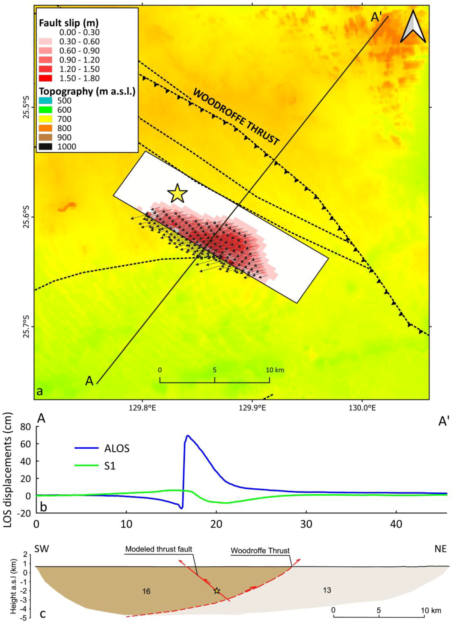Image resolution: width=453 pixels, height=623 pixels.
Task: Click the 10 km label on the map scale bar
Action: pyautogui.click(x=275, y=370)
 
